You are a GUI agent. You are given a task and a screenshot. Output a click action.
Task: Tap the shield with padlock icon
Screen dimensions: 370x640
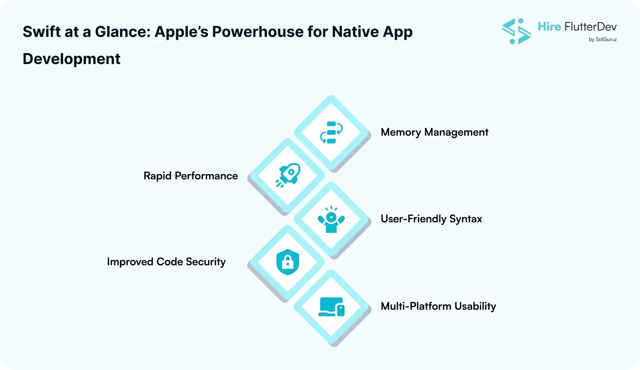coord(288,262)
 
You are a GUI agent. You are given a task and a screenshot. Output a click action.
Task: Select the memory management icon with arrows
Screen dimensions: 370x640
coord(331,133)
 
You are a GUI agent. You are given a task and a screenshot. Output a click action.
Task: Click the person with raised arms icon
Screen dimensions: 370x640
coord(331,219)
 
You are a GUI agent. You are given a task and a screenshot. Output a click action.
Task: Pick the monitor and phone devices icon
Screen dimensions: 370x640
coord(331,307)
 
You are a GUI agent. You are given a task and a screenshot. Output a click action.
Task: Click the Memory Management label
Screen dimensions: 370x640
coord(434,132)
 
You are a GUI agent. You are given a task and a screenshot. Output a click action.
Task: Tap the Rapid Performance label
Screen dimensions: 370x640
coord(190,176)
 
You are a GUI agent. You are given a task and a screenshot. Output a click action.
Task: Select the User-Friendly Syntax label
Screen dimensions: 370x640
coord(431,219)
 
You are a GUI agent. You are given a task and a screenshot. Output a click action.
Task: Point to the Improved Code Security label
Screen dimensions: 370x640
coord(166,262)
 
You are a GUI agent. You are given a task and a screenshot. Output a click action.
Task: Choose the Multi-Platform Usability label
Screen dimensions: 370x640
coord(438,306)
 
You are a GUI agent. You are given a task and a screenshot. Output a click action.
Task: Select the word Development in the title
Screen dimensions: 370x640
coord(72,59)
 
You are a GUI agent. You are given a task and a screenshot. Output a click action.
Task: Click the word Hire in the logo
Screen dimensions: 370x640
coord(549,27)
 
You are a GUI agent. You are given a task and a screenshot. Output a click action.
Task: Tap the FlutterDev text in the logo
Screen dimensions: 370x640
coord(590,27)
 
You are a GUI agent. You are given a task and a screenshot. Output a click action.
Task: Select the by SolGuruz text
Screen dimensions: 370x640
coord(602,39)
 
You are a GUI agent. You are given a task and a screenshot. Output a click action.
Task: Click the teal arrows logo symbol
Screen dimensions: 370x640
coord(517,31)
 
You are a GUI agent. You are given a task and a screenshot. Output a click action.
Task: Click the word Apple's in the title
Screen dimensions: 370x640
coord(181,32)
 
